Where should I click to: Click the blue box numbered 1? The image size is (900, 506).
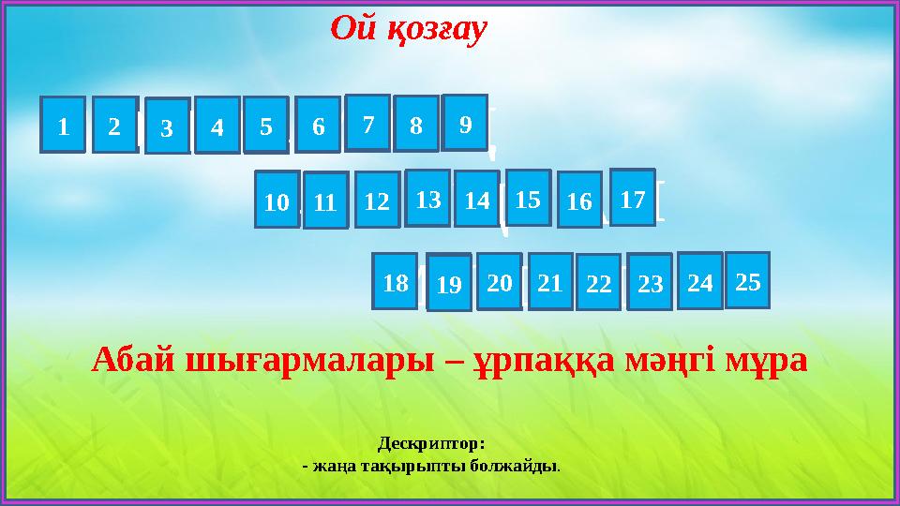(63, 125)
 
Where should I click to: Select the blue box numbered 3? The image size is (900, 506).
(168, 126)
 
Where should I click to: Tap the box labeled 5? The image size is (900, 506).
(266, 125)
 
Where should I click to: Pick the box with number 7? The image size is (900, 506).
(367, 123)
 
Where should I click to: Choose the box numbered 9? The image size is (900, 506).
(465, 123)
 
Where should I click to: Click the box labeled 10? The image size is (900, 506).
(277, 200)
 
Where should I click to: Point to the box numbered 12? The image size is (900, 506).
(377, 200)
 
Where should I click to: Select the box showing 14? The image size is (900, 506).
(476, 199)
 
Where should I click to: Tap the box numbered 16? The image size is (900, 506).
(579, 201)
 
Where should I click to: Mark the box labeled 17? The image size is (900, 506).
(633, 197)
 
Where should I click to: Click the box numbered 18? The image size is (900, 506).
(395, 281)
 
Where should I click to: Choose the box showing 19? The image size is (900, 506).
(449, 283)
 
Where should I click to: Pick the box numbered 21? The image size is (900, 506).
(550, 281)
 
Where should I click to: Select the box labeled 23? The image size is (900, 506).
(650, 282)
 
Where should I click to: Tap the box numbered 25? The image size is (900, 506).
(747, 280)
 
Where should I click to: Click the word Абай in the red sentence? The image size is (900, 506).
(133, 361)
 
